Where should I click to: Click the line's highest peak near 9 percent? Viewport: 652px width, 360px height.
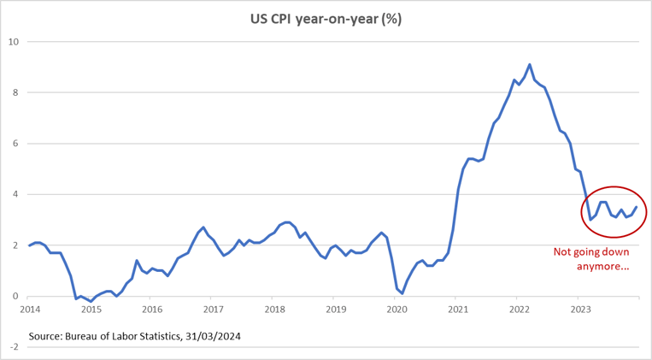pos(530,64)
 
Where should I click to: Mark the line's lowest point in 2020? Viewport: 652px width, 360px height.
pos(402,293)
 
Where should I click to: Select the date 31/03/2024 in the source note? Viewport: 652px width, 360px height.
pos(213,336)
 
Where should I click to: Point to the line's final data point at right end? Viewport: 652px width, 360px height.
pos(636,207)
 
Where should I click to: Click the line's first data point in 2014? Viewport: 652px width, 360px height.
pos(29,245)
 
